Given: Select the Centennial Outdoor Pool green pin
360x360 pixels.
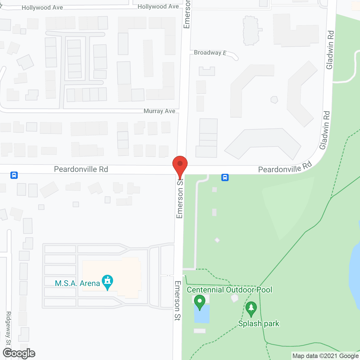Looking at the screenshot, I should tap(199, 302).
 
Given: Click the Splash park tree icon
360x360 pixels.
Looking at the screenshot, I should tap(251, 309).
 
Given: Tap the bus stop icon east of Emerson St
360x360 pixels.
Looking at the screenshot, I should tap(225, 177).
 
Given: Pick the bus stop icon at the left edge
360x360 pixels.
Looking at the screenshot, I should tap(14, 175).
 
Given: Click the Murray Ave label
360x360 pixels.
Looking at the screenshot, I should tap(159, 111).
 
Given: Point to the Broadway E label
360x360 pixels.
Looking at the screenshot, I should tap(210, 53).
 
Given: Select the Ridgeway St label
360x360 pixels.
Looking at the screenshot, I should tap(8, 328).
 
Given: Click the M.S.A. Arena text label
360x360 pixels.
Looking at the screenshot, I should tap(77, 283).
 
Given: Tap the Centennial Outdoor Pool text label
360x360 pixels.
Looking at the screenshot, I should tap(229, 290).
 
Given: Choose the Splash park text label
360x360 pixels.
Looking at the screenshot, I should tap(259, 323).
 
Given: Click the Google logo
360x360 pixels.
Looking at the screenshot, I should tap(19, 353).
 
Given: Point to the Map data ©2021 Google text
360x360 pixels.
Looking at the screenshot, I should tap(325, 356).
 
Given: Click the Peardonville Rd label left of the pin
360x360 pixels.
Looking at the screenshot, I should tap(81, 169).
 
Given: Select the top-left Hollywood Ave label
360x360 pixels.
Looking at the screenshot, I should tap(42, 8).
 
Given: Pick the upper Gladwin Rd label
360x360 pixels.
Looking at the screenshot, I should tap(330, 50).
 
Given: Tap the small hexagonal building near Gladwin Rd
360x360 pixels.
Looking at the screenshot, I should tap(274, 100).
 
